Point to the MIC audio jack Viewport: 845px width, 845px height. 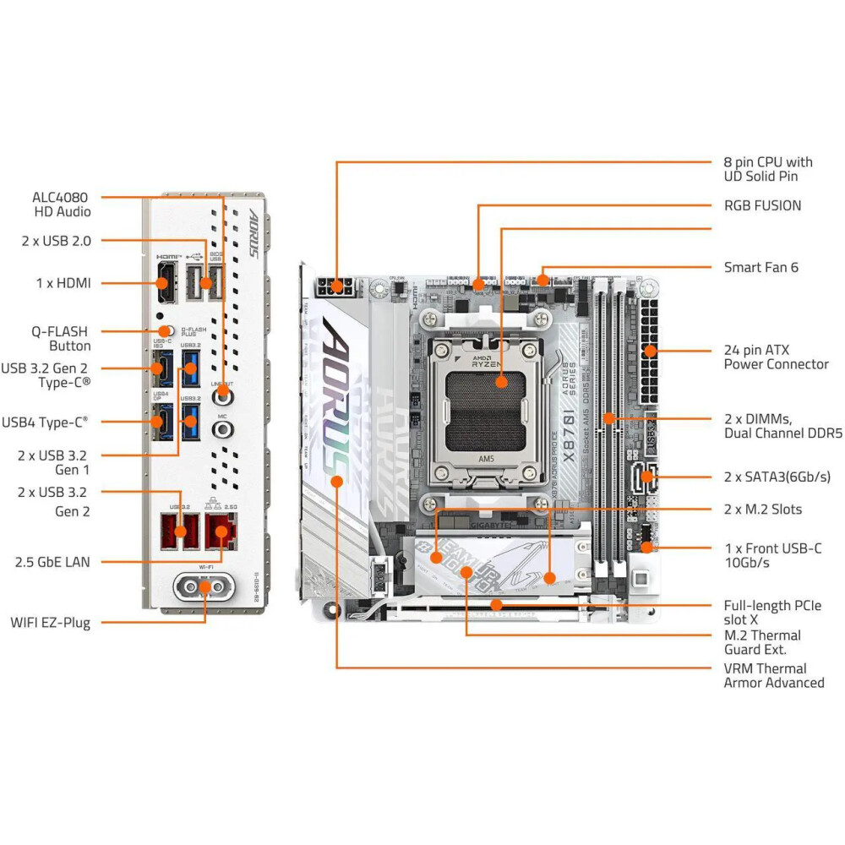tap(222, 428)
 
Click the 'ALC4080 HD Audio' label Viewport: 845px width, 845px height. tap(62, 204)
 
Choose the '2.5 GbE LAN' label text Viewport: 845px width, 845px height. tap(52, 561)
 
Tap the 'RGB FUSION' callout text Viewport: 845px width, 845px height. tap(762, 205)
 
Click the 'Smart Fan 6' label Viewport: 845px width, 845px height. tap(760, 267)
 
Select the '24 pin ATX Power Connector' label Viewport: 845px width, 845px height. tap(776, 357)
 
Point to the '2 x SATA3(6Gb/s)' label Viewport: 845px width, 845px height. tap(777, 477)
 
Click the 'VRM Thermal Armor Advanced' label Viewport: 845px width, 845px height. tap(773, 675)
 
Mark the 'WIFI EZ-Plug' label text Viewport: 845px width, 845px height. tap(50, 623)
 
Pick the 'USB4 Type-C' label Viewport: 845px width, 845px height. tap(45, 420)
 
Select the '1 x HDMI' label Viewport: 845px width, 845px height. tap(63, 283)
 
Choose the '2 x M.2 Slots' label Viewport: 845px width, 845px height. tap(763, 510)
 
